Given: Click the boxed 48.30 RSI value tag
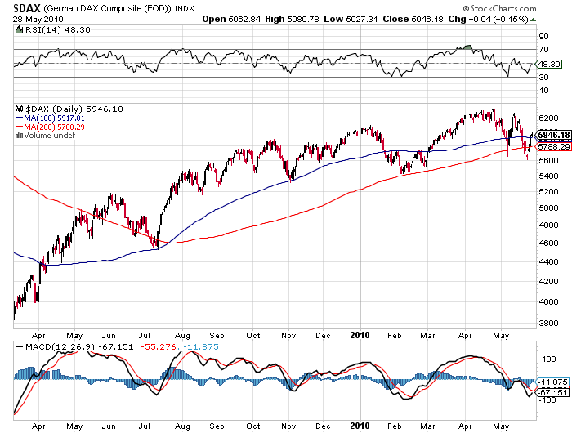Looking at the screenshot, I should (547, 64).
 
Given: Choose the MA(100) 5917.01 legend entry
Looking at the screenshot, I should (50, 118).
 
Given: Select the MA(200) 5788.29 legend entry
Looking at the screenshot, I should (50, 127).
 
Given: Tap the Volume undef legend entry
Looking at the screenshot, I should (46, 135).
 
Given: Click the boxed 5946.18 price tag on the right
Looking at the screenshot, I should (553, 134).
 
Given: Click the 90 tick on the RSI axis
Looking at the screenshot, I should (542, 37).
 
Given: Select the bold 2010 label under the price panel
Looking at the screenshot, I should (360, 334).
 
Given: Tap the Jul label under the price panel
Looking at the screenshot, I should (146, 335).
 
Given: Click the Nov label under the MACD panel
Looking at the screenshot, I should (291, 426).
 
